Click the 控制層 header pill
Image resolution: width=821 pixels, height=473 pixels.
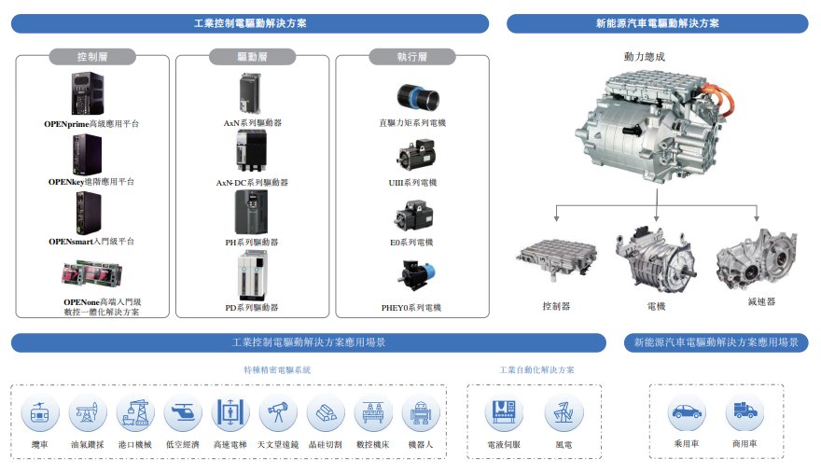(93, 57)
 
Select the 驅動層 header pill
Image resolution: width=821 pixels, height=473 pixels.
(253, 57)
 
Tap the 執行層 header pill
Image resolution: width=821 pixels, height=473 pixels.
(411, 57)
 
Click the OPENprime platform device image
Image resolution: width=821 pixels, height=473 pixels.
(90, 94)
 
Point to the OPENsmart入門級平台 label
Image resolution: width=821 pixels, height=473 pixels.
(91, 242)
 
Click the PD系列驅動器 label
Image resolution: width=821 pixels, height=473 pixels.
(253, 307)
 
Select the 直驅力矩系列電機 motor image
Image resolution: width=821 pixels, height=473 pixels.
(412, 96)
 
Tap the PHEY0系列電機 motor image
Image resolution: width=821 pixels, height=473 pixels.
(411, 273)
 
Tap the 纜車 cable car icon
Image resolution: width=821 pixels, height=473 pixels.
(40, 412)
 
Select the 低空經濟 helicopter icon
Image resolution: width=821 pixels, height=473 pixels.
(183, 412)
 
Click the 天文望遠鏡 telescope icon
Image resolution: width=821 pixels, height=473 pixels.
(278, 412)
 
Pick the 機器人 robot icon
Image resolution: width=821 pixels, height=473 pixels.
(421, 412)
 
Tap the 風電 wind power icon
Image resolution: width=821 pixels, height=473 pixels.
(564, 412)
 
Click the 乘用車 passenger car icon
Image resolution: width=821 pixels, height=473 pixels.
(687, 411)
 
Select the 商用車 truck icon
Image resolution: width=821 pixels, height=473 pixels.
(744, 411)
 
